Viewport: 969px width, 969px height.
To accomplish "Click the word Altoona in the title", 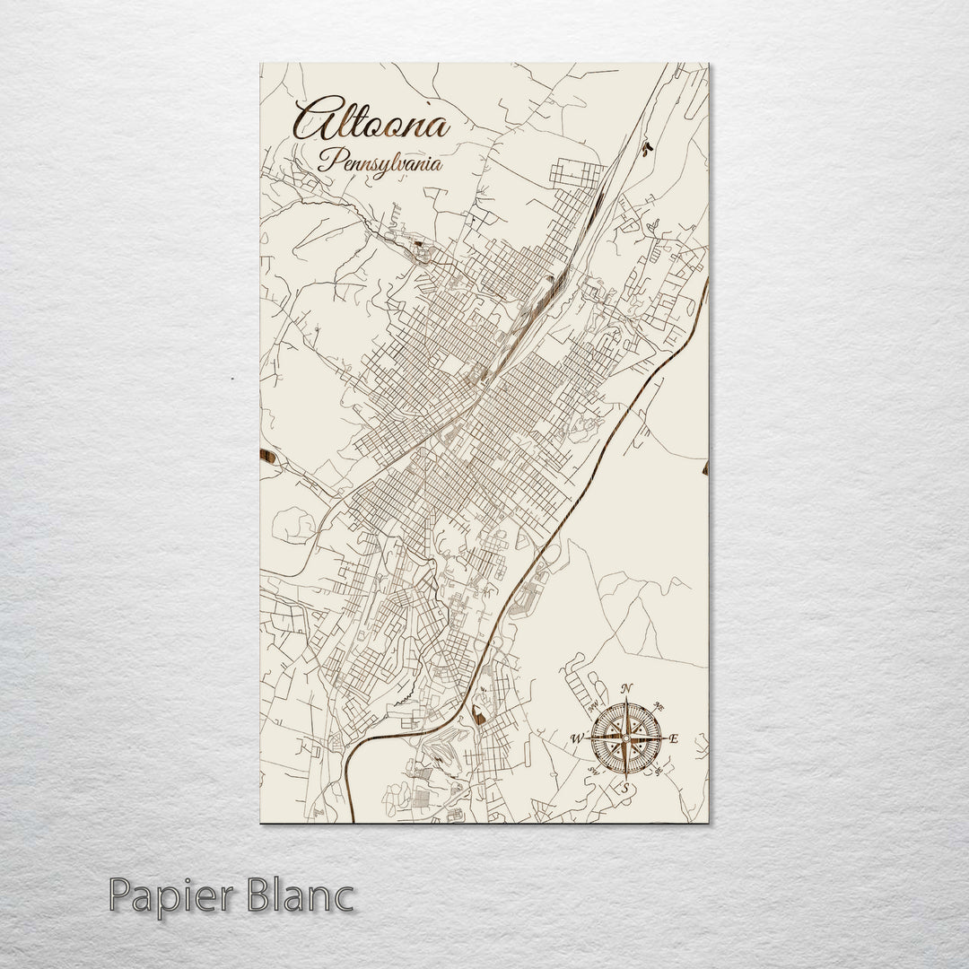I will pyautogui.click(x=371, y=122).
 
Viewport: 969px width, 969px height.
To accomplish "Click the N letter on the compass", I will pyautogui.click(x=626, y=688).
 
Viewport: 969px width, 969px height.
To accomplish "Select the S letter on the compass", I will pyautogui.click(x=626, y=788).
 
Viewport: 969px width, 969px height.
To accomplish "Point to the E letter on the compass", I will pyautogui.click(x=675, y=738).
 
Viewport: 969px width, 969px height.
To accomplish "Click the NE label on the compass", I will pyautogui.click(x=659, y=703).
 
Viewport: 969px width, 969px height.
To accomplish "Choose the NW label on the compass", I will pyautogui.click(x=593, y=706).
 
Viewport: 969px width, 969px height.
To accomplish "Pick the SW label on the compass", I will pyautogui.click(x=593, y=771).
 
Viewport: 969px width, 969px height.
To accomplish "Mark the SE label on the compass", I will pyautogui.click(x=659, y=771).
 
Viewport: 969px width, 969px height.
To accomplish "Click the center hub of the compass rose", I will pyautogui.click(x=626, y=738).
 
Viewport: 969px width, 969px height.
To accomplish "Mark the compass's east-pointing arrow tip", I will pyautogui.click(x=666, y=738).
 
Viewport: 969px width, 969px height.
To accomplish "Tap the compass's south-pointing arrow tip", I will pyautogui.click(x=626, y=778).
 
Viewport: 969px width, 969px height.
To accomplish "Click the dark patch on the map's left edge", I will pyautogui.click(x=266, y=457).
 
